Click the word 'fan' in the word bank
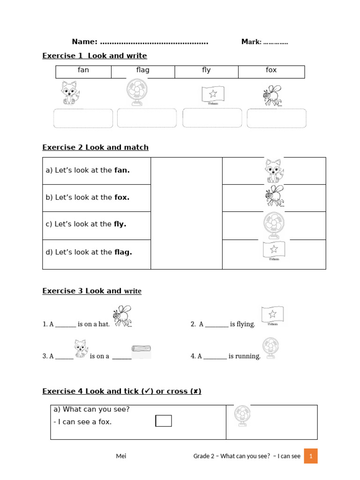point(83,70)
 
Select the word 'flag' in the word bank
point(142,70)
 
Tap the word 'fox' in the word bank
point(271,70)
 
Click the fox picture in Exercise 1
point(70,93)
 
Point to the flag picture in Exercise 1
point(213,94)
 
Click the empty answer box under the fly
point(277,118)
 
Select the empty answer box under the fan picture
point(147,118)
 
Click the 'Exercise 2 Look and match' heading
point(95,147)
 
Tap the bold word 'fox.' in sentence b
point(122,197)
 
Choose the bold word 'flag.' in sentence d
point(123,252)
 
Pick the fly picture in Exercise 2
point(274,196)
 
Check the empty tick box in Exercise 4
point(164,421)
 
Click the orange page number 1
point(311,456)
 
